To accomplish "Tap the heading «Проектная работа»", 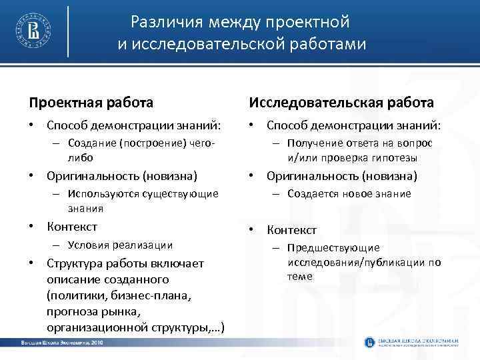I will coord(91,103).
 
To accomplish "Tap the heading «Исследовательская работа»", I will coord(341,103).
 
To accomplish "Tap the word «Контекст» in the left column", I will coord(72,227).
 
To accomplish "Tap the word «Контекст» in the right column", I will coord(292,230).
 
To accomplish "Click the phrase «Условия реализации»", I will coord(120,245).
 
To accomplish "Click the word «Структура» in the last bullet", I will coord(75,263).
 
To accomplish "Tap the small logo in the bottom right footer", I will coord(370,342).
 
